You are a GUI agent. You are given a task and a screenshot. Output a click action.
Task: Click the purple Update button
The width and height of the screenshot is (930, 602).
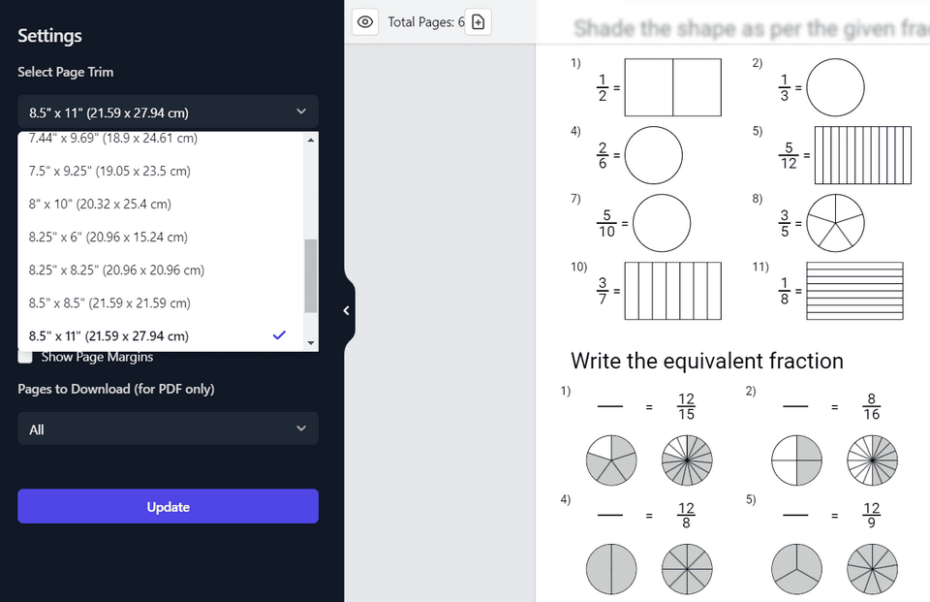click(x=168, y=506)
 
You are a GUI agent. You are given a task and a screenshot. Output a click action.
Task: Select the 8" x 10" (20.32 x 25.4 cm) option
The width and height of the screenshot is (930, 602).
click(x=100, y=204)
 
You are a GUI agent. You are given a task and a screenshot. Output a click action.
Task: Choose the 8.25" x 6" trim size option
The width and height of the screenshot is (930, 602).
click(x=108, y=237)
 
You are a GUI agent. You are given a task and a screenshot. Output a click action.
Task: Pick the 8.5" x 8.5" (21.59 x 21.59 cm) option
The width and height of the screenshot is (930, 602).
click(x=109, y=302)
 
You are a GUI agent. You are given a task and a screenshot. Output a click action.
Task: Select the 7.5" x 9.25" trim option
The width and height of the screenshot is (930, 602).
click(x=109, y=171)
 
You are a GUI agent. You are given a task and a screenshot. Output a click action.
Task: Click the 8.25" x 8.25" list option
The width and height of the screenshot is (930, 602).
click(x=116, y=269)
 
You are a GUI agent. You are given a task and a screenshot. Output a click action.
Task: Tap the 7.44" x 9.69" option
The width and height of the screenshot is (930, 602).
click(x=112, y=139)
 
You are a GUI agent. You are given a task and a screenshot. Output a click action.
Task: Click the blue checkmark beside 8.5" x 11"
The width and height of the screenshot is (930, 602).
click(x=279, y=335)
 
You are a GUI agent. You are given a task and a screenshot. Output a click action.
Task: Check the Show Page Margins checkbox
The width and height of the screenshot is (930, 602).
click(x=25, y=357)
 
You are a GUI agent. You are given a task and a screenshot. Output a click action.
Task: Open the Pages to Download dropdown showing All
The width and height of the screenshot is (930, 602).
click(x=168, y=428)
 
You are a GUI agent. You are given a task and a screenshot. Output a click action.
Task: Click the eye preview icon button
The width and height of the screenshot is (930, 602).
click(x=365, y=21)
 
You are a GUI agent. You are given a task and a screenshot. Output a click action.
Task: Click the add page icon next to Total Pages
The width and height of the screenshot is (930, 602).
click(x=478, y=21)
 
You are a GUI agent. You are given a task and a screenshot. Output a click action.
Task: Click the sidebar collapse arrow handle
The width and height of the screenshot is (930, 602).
click(x=347, y=310)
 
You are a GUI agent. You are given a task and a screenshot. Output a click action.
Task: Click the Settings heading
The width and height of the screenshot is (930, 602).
click(x=49, y=36)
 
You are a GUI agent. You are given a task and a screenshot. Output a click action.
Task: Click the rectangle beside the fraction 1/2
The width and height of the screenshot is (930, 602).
click(x=672, y=87)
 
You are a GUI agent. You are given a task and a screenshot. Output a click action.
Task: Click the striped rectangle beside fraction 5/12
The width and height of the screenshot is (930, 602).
click(x=862, y=155)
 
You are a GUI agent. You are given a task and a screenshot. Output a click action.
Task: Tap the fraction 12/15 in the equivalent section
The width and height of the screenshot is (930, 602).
click(x=686, y=407)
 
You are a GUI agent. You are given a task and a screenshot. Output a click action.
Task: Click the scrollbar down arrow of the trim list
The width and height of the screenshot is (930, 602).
click(x=311, y=343)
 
